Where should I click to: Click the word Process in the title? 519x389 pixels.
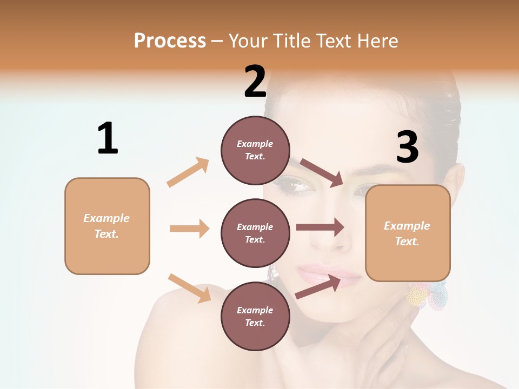(x=170, y=41)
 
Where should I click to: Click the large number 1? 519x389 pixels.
(x=108, y=139)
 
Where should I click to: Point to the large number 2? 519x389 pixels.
(x=255, y=82)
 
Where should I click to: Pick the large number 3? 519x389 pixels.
(x=407, y=147)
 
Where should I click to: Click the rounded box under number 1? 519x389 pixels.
(x=107, y=226)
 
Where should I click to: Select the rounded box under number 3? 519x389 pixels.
(x=408, y=233)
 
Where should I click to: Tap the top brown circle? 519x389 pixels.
(x=255, y=150)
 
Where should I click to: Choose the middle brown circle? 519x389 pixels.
(x=255, y=233)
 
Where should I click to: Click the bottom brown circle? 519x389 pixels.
(x=255, y=316)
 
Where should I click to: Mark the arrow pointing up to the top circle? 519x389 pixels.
(x=188, y=172)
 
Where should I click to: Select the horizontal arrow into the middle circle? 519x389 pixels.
(x=189, y=229)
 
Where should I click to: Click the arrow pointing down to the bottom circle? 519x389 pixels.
(x=189, y=287)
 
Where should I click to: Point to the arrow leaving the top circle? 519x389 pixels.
(x=322, y=172)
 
